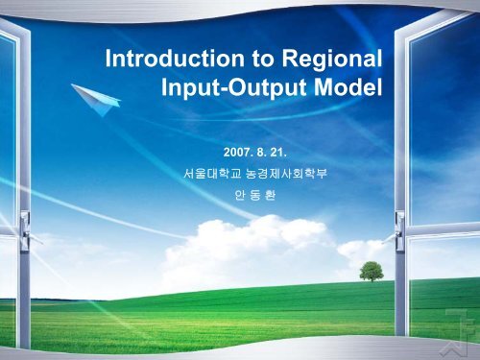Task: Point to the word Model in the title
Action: [344, 91]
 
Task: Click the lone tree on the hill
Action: [372, 272]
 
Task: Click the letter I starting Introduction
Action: [108, 62]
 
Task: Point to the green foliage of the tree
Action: [372, 270]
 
